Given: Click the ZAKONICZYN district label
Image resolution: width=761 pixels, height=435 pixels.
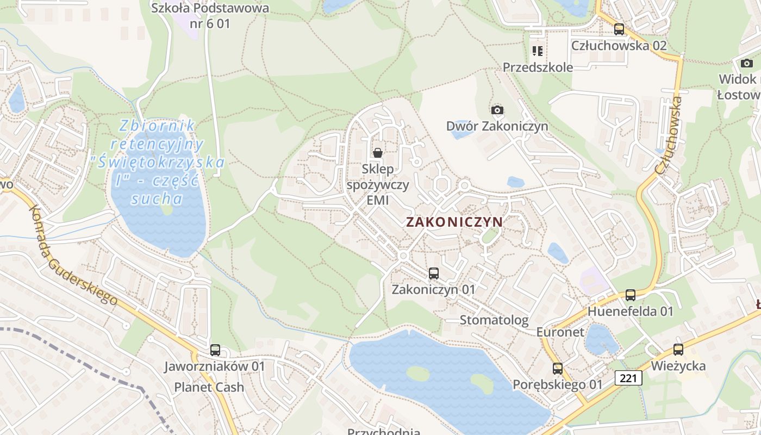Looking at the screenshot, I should [x=454, y=222].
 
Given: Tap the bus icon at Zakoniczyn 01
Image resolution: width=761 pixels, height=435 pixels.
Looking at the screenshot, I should [x=433, y=274].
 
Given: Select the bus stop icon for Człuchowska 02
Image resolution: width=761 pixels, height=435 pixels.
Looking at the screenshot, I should [x=619, y=29].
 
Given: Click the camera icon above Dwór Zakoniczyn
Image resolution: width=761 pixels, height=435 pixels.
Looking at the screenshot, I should [x=497, y=110].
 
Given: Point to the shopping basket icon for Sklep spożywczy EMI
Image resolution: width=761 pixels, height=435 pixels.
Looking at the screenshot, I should [x=378, y=153].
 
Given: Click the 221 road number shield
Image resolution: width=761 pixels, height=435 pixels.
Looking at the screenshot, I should [x=629, y=377].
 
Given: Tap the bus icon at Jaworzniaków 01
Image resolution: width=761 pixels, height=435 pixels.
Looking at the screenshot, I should [x=215, y=350].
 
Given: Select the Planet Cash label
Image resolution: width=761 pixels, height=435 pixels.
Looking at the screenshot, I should [x=209, y=387].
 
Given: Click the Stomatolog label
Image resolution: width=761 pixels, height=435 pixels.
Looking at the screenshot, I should [x=494, y=320].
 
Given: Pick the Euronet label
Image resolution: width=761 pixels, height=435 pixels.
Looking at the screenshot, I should [x=560, y=332].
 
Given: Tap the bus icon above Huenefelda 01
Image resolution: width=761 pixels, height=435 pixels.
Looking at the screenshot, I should [x=630, y=295].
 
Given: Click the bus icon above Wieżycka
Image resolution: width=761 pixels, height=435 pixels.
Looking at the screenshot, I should [x=678, y=350].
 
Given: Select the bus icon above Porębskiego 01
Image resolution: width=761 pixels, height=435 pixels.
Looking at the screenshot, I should [x=557, y=369].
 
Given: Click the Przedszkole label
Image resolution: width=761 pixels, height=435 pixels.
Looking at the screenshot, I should [x=538, y=67].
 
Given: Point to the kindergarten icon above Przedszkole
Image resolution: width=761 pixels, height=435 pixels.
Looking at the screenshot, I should [x=538, y=51].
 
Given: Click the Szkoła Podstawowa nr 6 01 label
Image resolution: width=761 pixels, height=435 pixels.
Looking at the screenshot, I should [x=210, y=16].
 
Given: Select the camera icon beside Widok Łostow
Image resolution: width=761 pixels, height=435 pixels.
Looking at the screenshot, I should [x=747, y=64].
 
